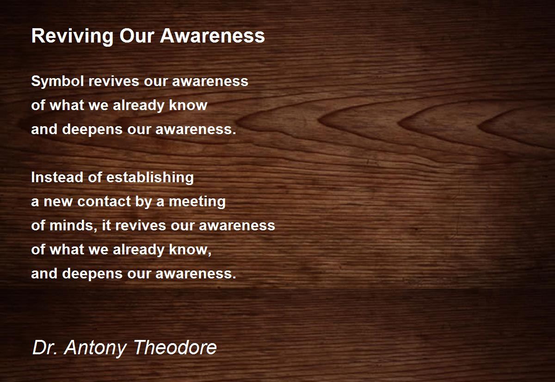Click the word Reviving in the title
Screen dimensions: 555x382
[72, 37]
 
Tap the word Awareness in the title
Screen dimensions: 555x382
[213, 36]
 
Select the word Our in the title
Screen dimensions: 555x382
[137, 36]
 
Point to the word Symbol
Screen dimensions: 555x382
[57, 81]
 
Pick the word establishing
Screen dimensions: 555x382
[150, 178]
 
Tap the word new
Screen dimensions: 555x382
[58, 202]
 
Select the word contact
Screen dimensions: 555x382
[104, 201]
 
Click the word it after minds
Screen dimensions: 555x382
[106, 225]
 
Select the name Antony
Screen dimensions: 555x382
[96, 348]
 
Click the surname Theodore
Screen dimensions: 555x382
[175, 347]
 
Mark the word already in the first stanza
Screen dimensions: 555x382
[138, 105]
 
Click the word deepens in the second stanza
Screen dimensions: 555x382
[92, 274]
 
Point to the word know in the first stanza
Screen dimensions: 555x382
[188, 105]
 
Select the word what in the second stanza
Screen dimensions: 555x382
[67, 249]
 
